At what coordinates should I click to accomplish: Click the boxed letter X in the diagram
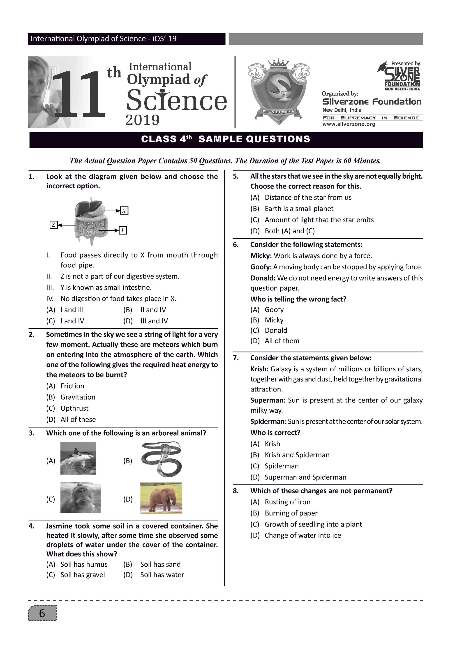124,211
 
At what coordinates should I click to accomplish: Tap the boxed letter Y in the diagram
123,230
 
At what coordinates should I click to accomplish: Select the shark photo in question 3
78,458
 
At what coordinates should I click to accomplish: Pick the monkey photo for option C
81,498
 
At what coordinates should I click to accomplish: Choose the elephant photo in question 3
161,498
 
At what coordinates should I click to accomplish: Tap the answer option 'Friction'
72,386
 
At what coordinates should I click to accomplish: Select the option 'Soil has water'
162,575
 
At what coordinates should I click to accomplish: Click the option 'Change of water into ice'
303,535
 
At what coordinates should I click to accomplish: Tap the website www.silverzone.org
349,124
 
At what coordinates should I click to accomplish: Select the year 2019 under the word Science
142,120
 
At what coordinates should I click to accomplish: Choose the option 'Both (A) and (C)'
290,231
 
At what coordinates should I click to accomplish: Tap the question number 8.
236,491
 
